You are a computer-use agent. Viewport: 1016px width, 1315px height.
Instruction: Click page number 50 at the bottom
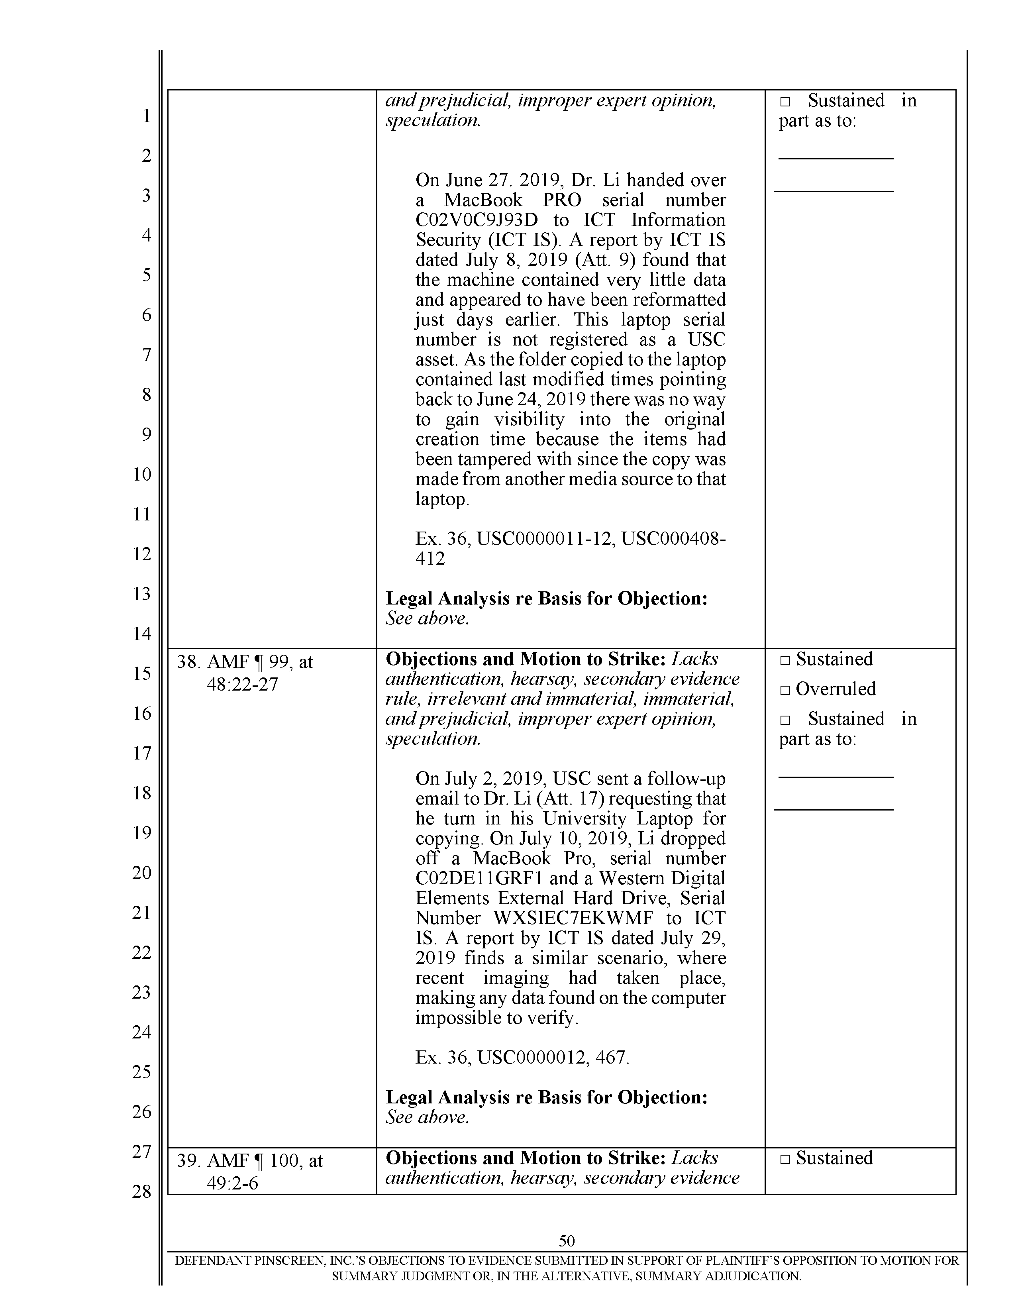[x=567, y=1241]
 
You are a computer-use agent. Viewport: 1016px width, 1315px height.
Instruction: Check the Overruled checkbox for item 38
[x=784, y=689]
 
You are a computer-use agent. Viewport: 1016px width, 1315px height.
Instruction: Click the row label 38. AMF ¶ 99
[x=244, y=662]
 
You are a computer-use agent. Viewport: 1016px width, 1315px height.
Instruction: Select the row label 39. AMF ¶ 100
[x=249, y=1161]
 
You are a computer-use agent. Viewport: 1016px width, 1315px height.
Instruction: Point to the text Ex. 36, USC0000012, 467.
[x=522, y=1058]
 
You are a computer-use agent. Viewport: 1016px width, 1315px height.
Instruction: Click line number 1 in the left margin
[x=146, y=116]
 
